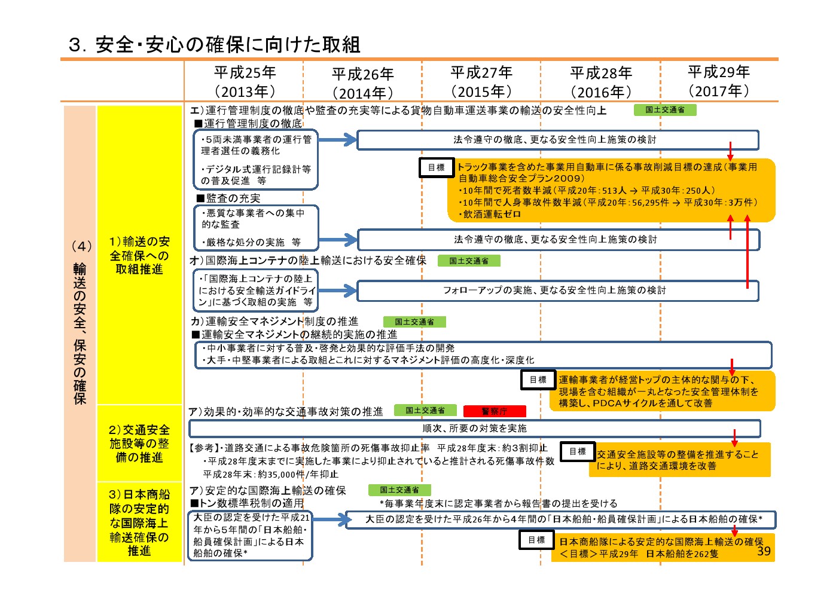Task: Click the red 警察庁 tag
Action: [495, 411]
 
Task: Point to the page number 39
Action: [764, 551]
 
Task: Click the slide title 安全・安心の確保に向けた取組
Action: [228, 45]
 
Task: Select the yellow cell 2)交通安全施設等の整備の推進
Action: [139, 443]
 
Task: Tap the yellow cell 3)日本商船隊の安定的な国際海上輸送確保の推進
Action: [139, 522]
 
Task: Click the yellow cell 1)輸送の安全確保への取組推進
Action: [139, 255]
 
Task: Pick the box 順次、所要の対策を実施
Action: [475, 428]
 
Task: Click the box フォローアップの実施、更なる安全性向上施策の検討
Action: [558, 291]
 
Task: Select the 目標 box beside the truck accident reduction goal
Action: [437, 167]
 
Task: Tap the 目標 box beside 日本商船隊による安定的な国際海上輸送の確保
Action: [536, 540]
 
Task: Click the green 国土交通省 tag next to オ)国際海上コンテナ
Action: [469, 261]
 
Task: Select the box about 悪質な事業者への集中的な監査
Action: [256, 228]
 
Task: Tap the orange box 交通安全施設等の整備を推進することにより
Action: [680, 460]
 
